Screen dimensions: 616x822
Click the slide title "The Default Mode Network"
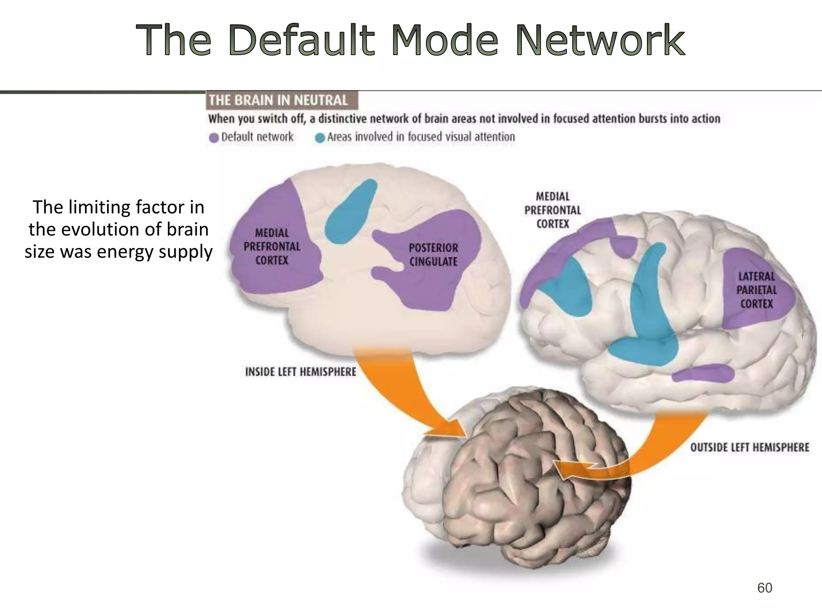411,40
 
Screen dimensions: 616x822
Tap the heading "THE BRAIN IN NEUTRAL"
278,100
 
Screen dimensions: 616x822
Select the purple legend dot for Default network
214,138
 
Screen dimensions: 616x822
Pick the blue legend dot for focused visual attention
320,138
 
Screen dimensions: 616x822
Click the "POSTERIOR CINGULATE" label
433,255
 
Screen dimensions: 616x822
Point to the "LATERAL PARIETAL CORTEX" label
757,290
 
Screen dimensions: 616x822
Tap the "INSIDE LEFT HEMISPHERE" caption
300,372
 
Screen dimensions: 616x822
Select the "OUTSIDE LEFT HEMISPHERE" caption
749,448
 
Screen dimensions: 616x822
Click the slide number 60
764,588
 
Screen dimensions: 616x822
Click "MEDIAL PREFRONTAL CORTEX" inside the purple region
272,247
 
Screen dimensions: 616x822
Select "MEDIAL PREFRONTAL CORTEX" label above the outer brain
553,210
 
